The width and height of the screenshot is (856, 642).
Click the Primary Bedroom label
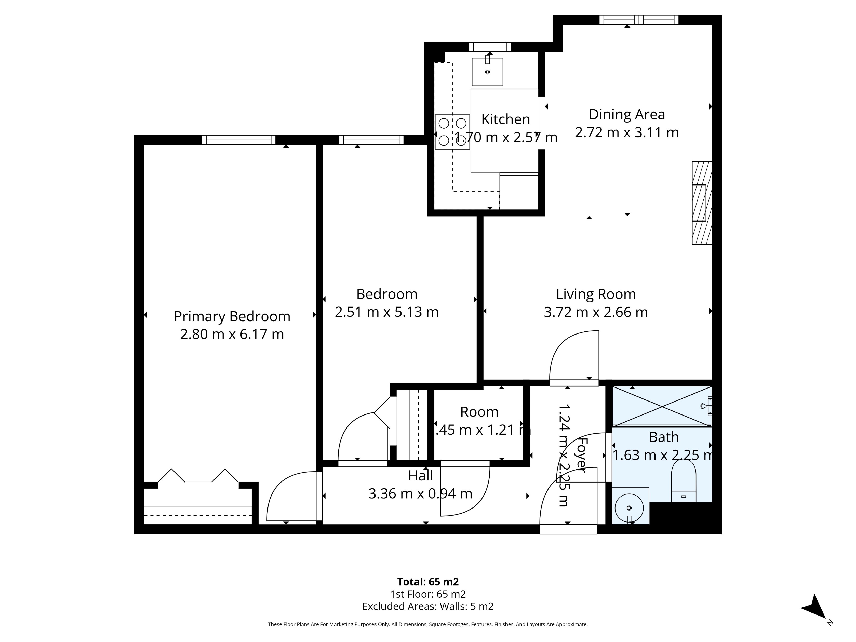(x=232, y=317)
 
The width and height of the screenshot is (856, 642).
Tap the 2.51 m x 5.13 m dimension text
(x=386, y=312)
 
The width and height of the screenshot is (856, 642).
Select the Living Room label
(x=596, y=294)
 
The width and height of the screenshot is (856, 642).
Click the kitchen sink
(x=487, y=72)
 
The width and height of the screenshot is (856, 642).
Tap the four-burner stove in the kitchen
(x=452, y=132)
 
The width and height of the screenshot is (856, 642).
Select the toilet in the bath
(x=684, y=484)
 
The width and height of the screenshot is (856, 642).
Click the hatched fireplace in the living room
(x=702, y=203)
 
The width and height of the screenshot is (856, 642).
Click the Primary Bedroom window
(x=238, y=140)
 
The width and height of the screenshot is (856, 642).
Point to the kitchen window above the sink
(x=490, y=47)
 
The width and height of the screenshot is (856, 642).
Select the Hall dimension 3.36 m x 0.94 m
(x=420, y=494)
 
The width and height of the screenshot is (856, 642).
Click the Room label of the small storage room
(x=479, y=412)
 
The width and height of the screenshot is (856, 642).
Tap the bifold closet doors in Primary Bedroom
(x=198, y=477)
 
